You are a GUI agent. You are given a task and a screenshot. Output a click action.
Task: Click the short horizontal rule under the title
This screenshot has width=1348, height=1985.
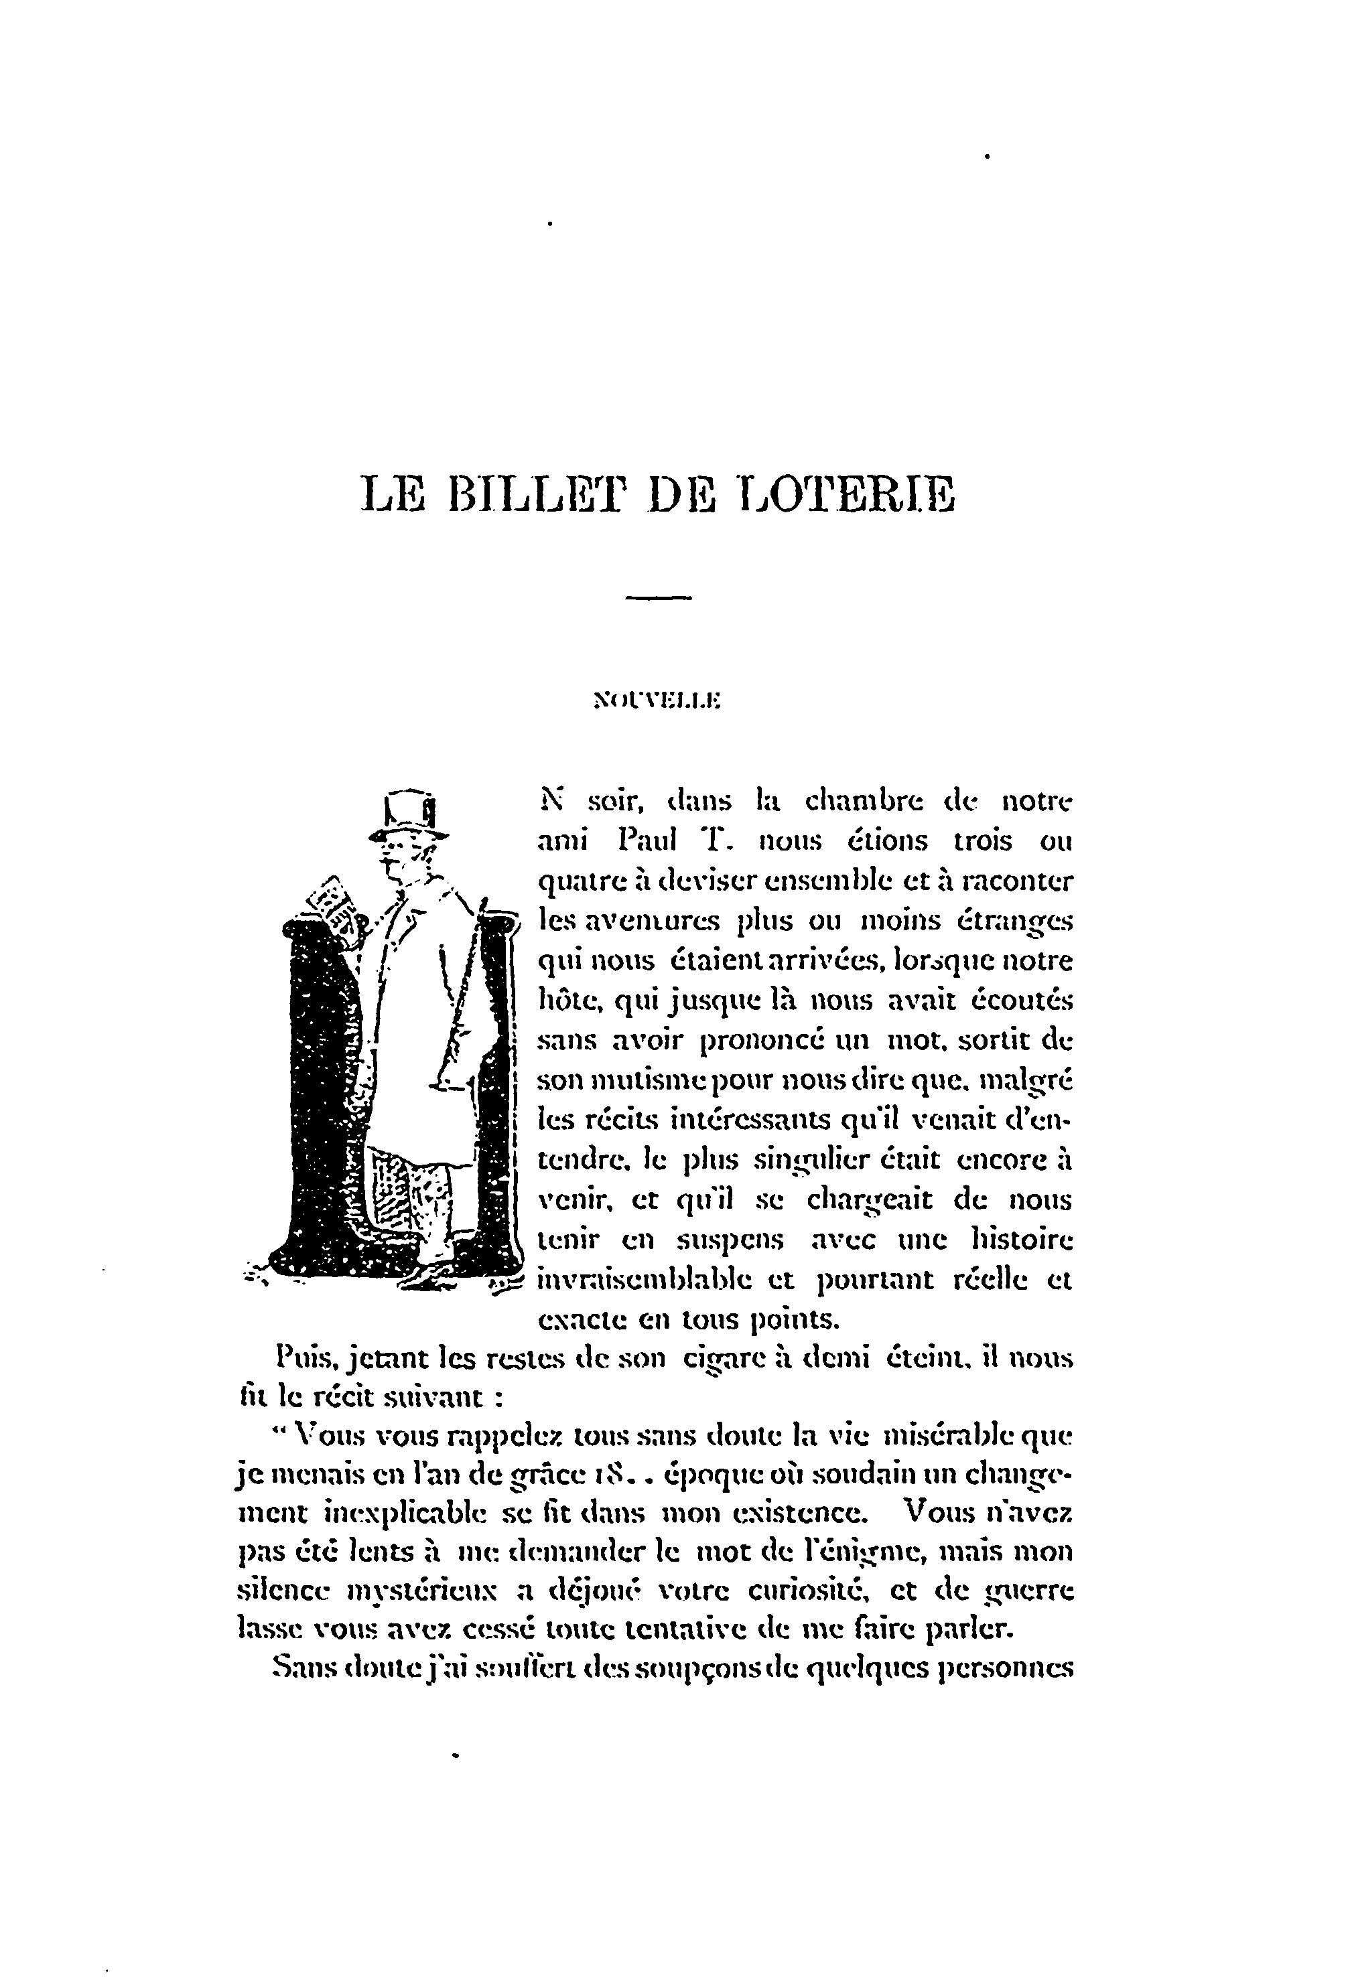(x=658, y=597)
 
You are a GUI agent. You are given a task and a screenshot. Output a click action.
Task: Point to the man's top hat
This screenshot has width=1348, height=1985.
(x=411, y=812)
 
